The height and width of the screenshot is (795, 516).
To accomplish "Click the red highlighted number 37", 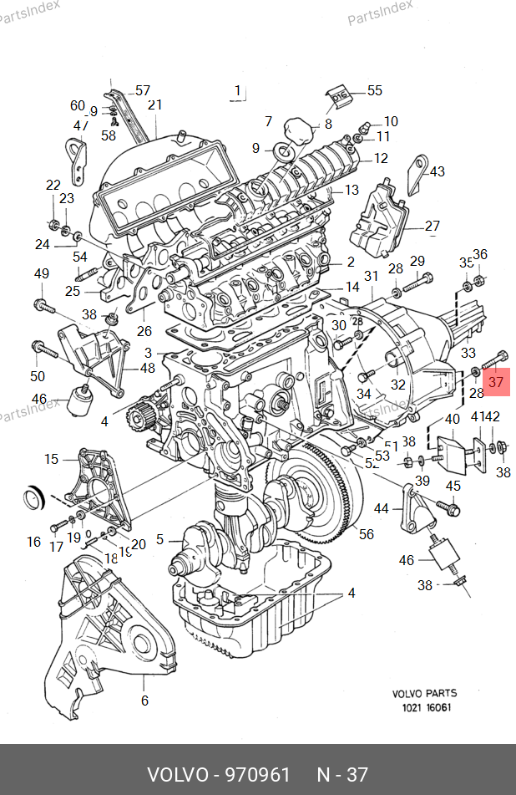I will pos(497,382).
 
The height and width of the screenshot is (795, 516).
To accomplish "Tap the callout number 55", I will pos(374,90).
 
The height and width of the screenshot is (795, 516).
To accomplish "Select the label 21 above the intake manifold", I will pos(154,105).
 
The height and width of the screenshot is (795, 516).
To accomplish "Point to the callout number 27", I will pos(432,226).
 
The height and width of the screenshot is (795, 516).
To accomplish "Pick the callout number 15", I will pos(52,458).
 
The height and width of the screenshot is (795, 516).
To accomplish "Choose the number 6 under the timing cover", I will pos(144,701).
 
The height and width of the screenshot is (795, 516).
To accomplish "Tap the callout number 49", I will pos(41,273).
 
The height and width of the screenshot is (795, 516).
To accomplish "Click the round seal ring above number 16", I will pos(33,498).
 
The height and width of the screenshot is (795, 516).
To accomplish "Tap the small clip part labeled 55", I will pos(341,97).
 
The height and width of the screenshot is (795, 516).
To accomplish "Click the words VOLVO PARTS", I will pos(425,693).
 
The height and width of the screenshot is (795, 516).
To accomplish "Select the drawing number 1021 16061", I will pos(425,707).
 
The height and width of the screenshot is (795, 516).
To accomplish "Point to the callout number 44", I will pos(382,508).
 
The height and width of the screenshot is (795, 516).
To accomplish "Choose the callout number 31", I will pos(372,276).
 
